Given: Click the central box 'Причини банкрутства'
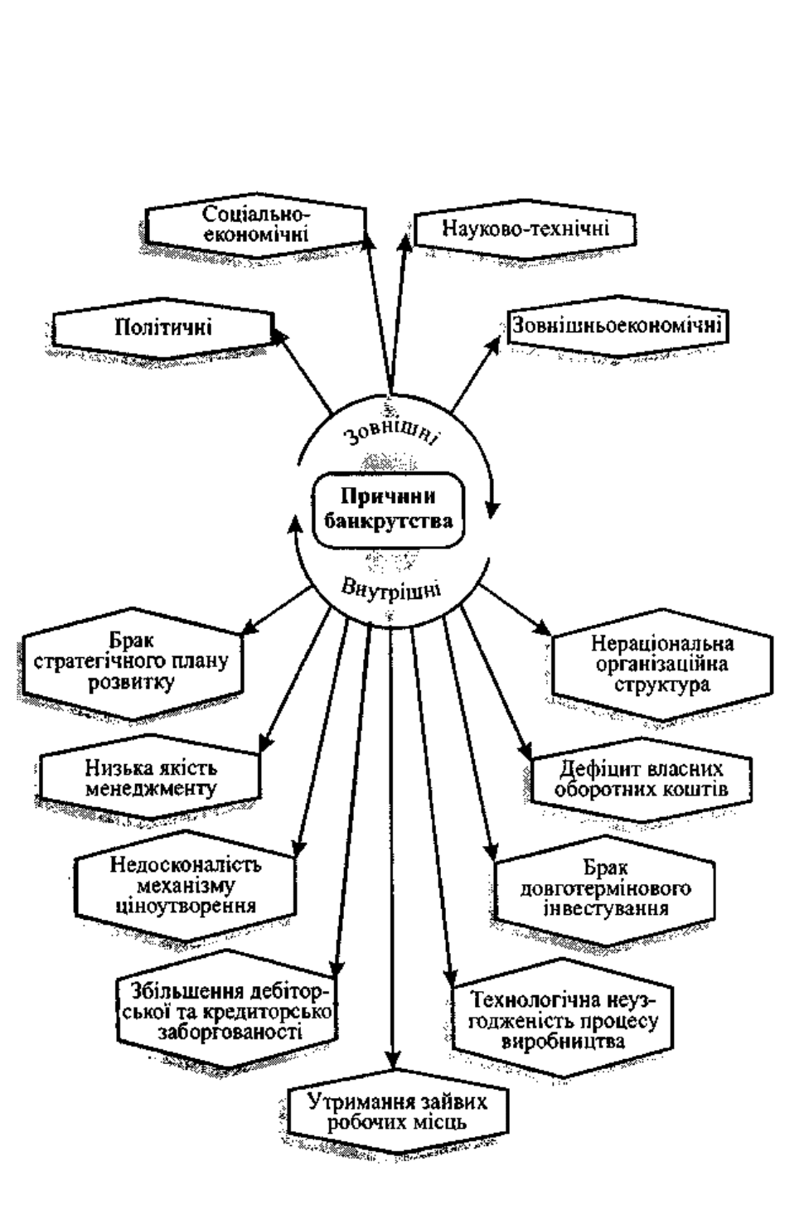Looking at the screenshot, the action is [388, 510].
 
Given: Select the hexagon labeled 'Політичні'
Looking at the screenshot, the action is [163, 328].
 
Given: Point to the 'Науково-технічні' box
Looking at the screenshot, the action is [525, 229].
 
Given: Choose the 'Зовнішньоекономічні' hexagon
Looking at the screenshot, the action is [618, 327].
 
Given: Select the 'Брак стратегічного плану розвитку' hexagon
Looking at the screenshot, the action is [132, 663].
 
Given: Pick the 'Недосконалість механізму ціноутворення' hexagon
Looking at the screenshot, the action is [186, 885].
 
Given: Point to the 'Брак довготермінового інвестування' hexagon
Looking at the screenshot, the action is [604, 889].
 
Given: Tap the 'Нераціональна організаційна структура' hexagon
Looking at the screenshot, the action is [662, 664].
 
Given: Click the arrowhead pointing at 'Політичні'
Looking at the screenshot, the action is [277, 335].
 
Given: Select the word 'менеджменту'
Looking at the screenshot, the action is [151, 788].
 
